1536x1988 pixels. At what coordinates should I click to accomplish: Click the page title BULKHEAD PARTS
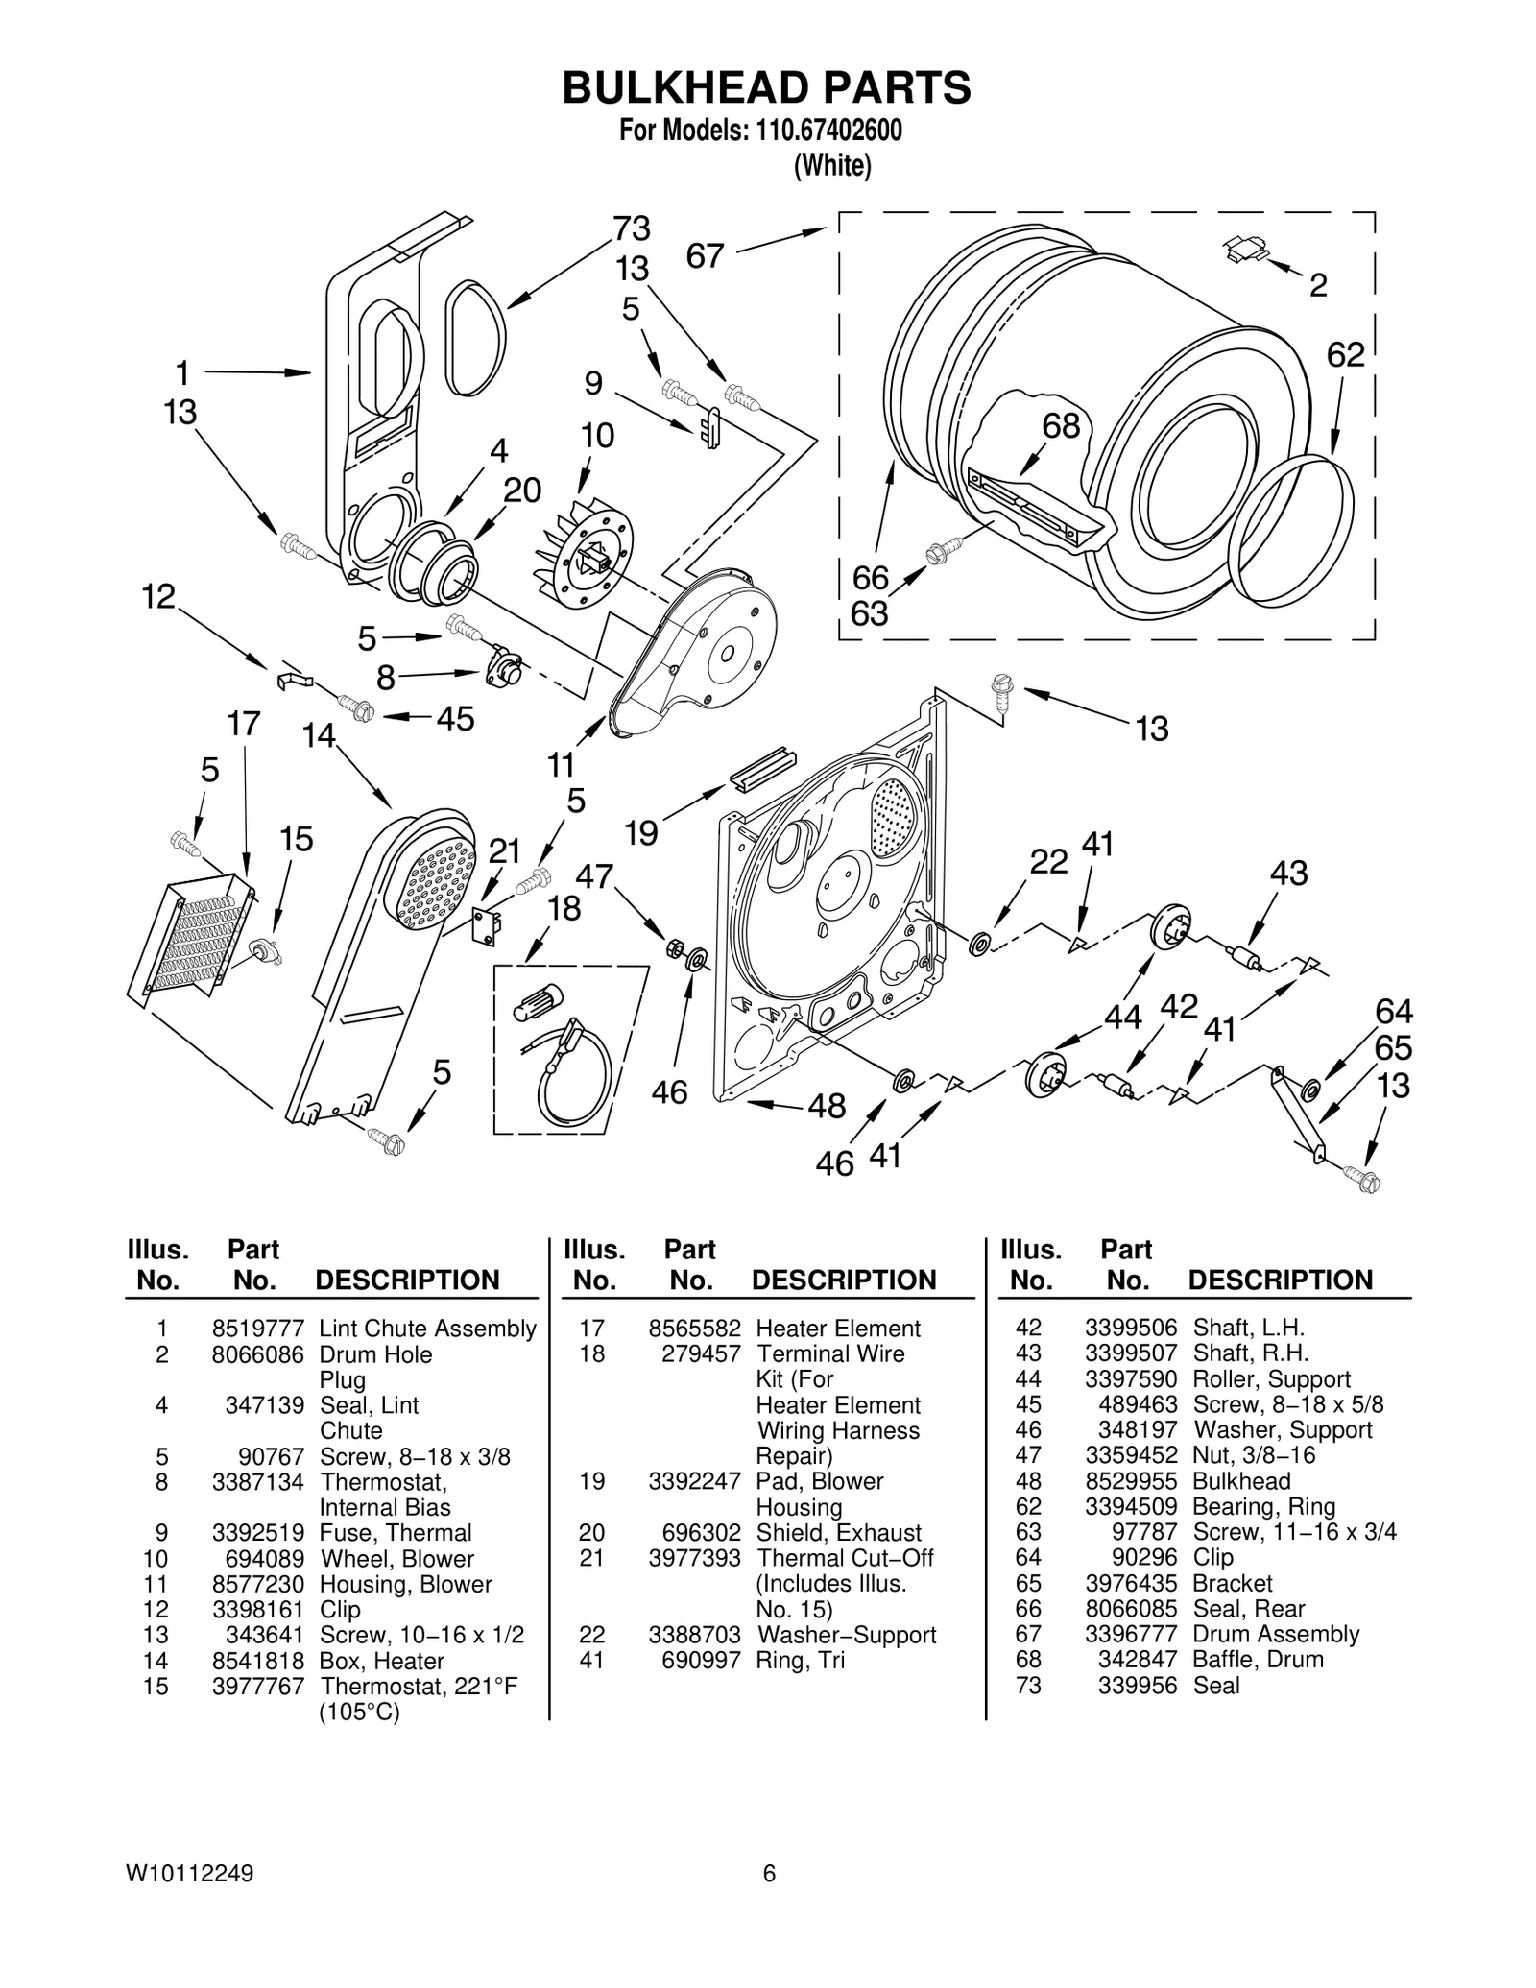coord(766,87)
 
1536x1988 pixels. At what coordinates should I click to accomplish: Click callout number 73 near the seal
coord(633,228)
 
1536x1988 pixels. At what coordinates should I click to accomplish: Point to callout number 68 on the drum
coord(1061,426)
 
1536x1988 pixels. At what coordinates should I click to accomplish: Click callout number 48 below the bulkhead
coord(827,1106)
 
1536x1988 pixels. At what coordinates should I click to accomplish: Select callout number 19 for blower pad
coord(640,832)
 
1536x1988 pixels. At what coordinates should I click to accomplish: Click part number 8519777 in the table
coord(257,1329)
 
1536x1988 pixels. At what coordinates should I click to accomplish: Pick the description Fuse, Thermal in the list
coord(396,1533)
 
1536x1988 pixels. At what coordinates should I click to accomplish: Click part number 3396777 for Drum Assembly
coord(1130,1634)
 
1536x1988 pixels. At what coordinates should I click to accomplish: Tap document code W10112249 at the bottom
coord(189,1873)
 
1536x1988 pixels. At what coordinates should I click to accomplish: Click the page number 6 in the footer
coord(769,1873)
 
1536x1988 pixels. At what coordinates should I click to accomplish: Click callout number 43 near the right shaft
coord(1288,874)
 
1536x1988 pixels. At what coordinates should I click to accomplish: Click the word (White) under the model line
coord(831,166)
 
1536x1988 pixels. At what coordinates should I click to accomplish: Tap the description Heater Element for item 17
coord(837,1329)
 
